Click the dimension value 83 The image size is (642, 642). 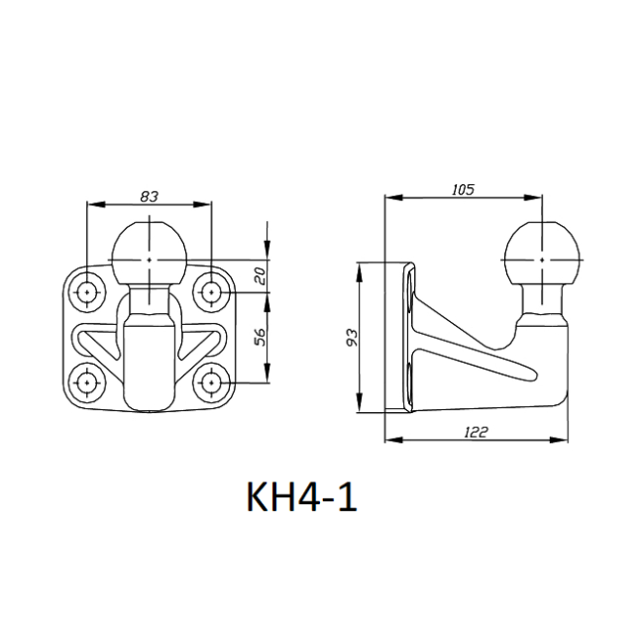[x=149, y=197]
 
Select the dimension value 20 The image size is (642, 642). [x=260, y=276]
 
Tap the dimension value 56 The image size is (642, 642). [x=260, y=337]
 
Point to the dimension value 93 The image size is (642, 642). [x=352, y=337]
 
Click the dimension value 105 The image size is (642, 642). [x=463, y=190]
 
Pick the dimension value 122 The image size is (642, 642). [x=477, y=432]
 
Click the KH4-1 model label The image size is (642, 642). [x=302, y=497]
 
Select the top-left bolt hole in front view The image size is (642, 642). [x=87, y=292]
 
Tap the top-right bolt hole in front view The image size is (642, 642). [x=211, y=292]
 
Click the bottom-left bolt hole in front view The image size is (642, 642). [x=87, y=382]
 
